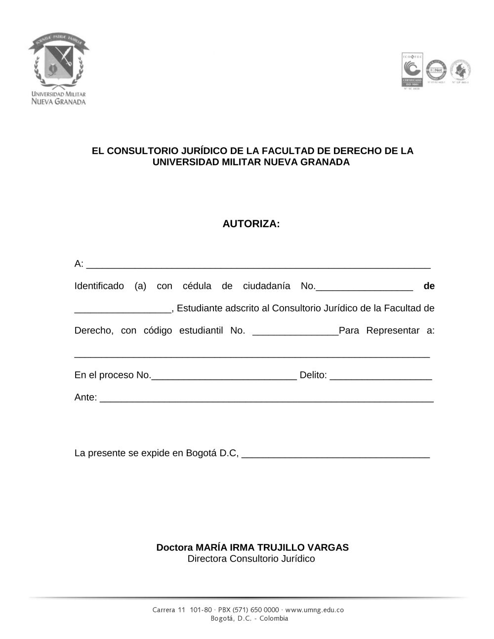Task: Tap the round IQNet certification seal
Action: click(436, 70)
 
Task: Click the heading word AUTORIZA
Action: click(251, 224)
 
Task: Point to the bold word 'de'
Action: click(429, 286)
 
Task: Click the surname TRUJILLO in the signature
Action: click(281, 547)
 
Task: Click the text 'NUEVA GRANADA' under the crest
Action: click(58, 102)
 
